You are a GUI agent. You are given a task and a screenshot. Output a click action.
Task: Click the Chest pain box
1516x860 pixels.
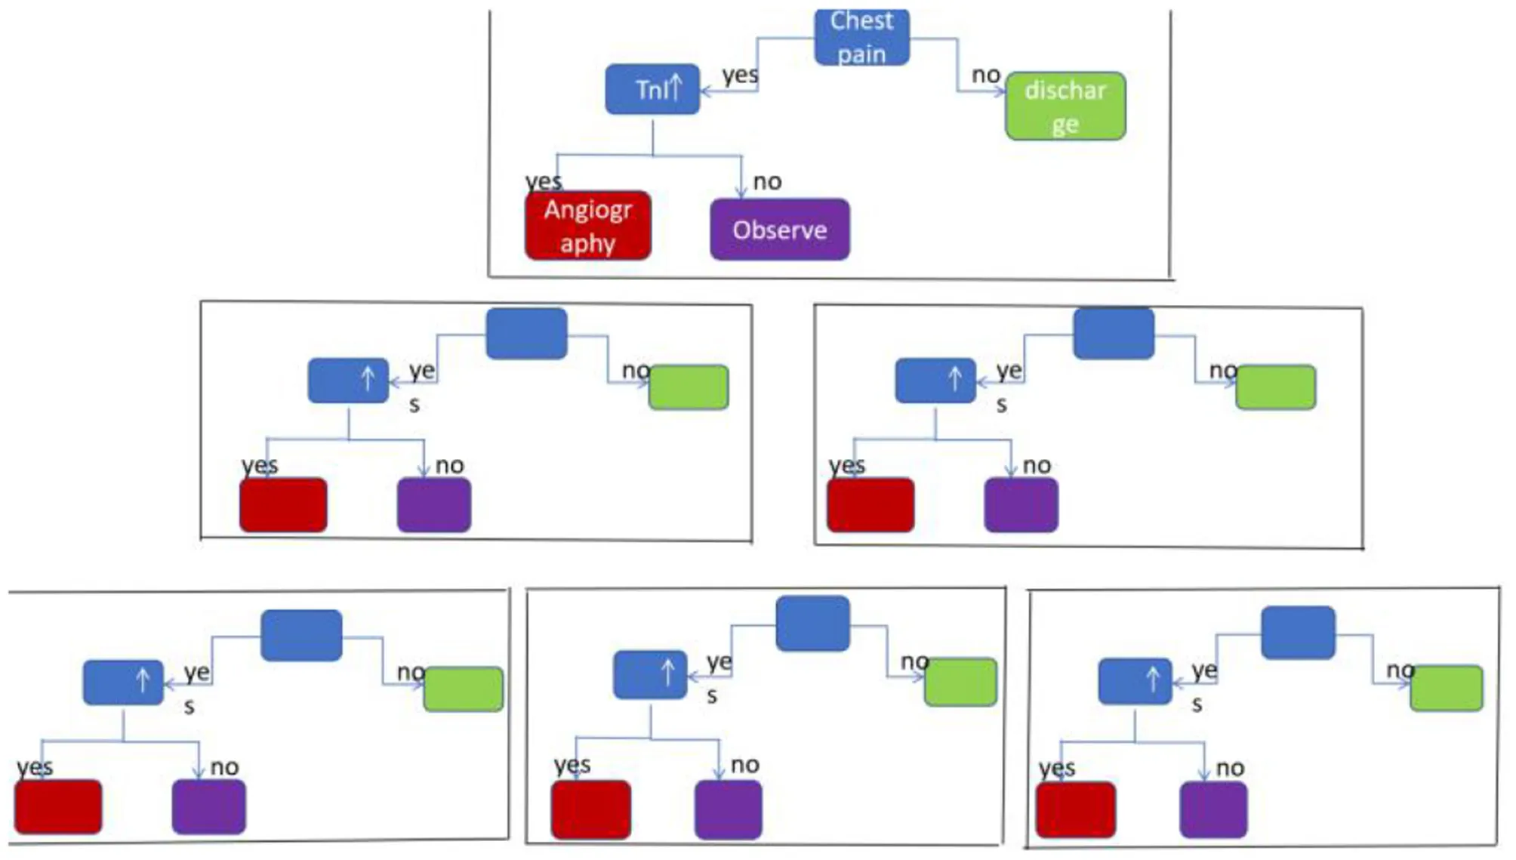pos(861,38)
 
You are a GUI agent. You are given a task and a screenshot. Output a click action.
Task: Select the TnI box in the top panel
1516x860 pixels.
pos(652,89)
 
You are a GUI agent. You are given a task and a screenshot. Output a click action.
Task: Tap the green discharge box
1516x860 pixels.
pos(1065,106)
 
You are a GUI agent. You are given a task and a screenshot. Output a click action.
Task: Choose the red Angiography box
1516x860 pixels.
pos(588,226)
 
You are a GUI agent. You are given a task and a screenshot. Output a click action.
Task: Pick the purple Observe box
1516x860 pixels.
pos(780,230)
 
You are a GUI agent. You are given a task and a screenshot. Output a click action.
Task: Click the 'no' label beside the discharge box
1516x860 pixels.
pos(986,75)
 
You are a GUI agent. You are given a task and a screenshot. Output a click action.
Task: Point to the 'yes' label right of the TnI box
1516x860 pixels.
pos(740,75)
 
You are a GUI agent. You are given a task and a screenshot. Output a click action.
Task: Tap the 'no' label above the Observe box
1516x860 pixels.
pos(767,181)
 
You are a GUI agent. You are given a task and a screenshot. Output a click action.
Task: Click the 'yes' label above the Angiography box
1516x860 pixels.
pos(544,181)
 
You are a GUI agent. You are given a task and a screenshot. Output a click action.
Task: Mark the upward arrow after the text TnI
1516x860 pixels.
pos(676,87)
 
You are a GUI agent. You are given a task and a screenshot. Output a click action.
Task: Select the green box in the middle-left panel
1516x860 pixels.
pos(689,387)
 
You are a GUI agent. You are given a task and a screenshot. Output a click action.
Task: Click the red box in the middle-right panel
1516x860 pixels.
pos(870,504)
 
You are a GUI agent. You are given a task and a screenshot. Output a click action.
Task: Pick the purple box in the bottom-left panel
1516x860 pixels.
pos(208,806)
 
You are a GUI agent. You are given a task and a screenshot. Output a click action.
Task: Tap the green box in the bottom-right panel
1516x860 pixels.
pos(1446,688)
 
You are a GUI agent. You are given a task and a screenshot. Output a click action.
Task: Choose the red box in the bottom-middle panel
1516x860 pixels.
pos(591,809)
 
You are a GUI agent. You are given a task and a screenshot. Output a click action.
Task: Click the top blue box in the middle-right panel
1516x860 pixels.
pos(1114,333)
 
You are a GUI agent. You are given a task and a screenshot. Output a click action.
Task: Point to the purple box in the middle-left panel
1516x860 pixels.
pos(434,504)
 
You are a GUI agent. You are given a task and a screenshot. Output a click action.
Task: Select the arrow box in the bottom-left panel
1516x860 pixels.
pos(123,683)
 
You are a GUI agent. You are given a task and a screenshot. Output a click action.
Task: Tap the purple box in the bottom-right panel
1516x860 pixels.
pos(1213,809)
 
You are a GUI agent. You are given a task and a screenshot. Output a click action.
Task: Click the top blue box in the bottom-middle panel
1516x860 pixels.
pos(812,623)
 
